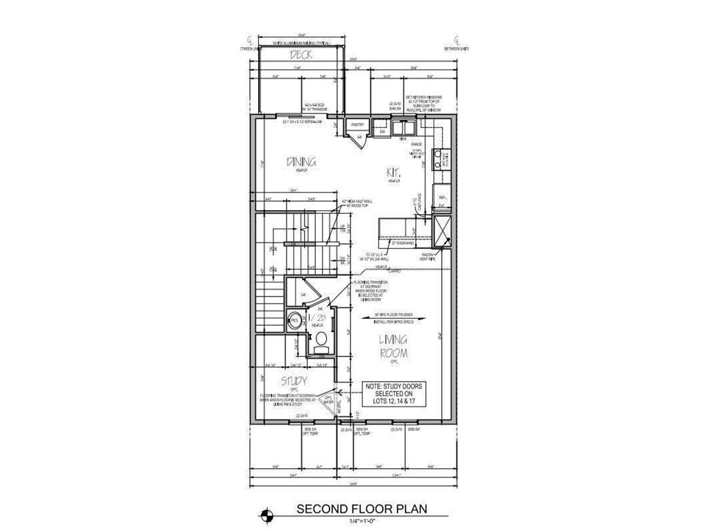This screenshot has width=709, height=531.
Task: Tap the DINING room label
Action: pos(301,162)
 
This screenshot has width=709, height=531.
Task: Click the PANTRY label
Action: pos(358,125)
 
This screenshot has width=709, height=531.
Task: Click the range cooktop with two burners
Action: pos(438,158)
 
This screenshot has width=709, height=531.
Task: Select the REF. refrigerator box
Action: pos(442,198)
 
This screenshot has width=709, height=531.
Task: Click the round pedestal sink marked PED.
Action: pos(294,320)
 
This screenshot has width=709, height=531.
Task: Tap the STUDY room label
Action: pos(294,381)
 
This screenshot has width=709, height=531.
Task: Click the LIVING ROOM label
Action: pos(392,346)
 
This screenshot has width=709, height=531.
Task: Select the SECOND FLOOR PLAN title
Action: pos(361,509)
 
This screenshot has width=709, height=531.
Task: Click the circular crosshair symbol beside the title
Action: pos(267,514)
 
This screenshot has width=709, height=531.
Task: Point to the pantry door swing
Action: pos(360,140)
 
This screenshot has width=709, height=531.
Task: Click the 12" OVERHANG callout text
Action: pos(402,243)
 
